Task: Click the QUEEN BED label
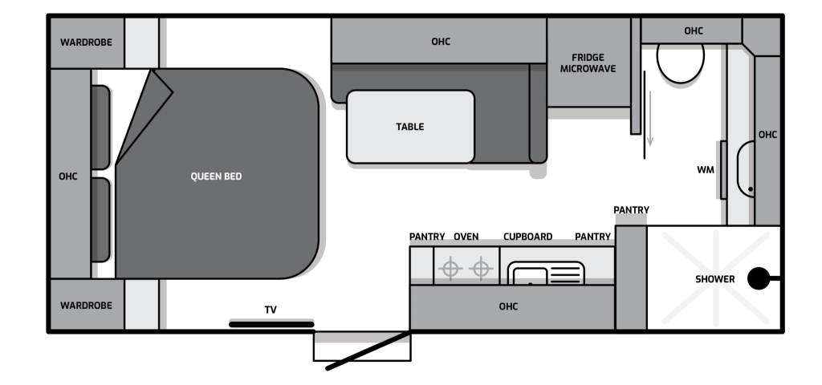tap(216, 176)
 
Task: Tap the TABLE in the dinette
tap(410, 127)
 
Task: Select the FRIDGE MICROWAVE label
tap(588, 63)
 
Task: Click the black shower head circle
tap(758, 278)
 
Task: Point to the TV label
tap(271, 310)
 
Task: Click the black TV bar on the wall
tap(271, 325)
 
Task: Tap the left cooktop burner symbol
tap(450, 269)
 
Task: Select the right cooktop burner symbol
tap(481, 269)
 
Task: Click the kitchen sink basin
tap(530, 276)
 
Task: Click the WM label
tap(706, 170)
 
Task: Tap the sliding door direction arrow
tap(650, 119)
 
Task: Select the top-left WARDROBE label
tap(86, 43)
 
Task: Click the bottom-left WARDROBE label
tap(86, 306)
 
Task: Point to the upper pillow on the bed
tap(100, 128)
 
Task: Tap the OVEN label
tap(466, 237)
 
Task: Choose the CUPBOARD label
tap(528, 237)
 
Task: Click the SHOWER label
tap(715, 279)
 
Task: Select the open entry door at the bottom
tap(368, 351)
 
